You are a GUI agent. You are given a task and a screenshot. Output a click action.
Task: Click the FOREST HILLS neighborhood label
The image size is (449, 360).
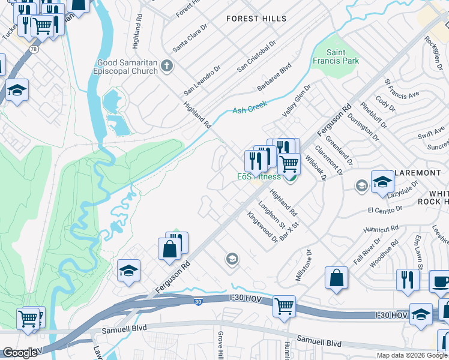[x=252, y=19]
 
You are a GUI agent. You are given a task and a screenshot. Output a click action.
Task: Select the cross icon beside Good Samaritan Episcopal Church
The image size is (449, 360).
[x=167, y=66]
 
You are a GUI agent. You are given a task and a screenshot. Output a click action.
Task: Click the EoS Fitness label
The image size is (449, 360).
[x=259, y=177]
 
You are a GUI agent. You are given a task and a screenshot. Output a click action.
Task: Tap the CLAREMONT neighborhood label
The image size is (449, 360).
[x=417, y=173]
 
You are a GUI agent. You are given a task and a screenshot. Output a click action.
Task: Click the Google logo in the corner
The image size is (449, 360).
[x=20, y=352]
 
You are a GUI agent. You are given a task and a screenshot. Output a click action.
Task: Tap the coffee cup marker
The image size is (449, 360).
[x=440, y=282]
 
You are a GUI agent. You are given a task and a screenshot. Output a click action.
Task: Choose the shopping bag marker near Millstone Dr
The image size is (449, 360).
[x=337, y=278]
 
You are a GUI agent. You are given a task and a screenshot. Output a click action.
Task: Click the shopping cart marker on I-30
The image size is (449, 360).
[x=284, y=305]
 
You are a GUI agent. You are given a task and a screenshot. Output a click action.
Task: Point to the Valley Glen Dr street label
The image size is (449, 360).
[x=297, y=101]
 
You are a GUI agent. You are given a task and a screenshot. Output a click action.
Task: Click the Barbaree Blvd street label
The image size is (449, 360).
[x=274, y=76]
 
